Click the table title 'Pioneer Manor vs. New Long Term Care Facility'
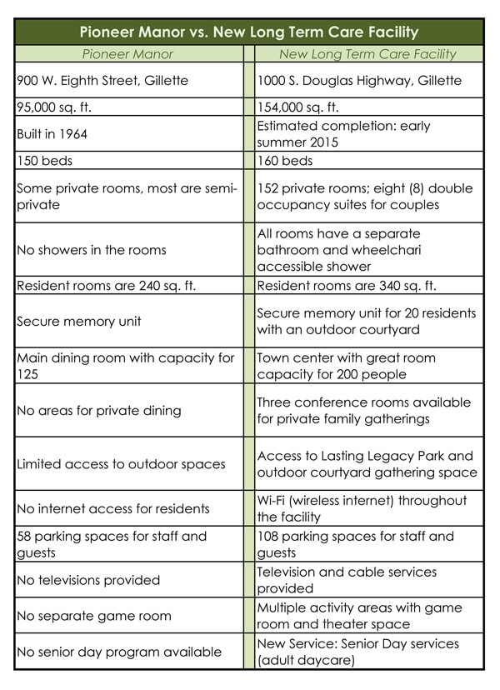click(249, 32)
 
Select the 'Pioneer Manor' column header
click(127, 54)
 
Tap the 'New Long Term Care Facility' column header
click(367, 54)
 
